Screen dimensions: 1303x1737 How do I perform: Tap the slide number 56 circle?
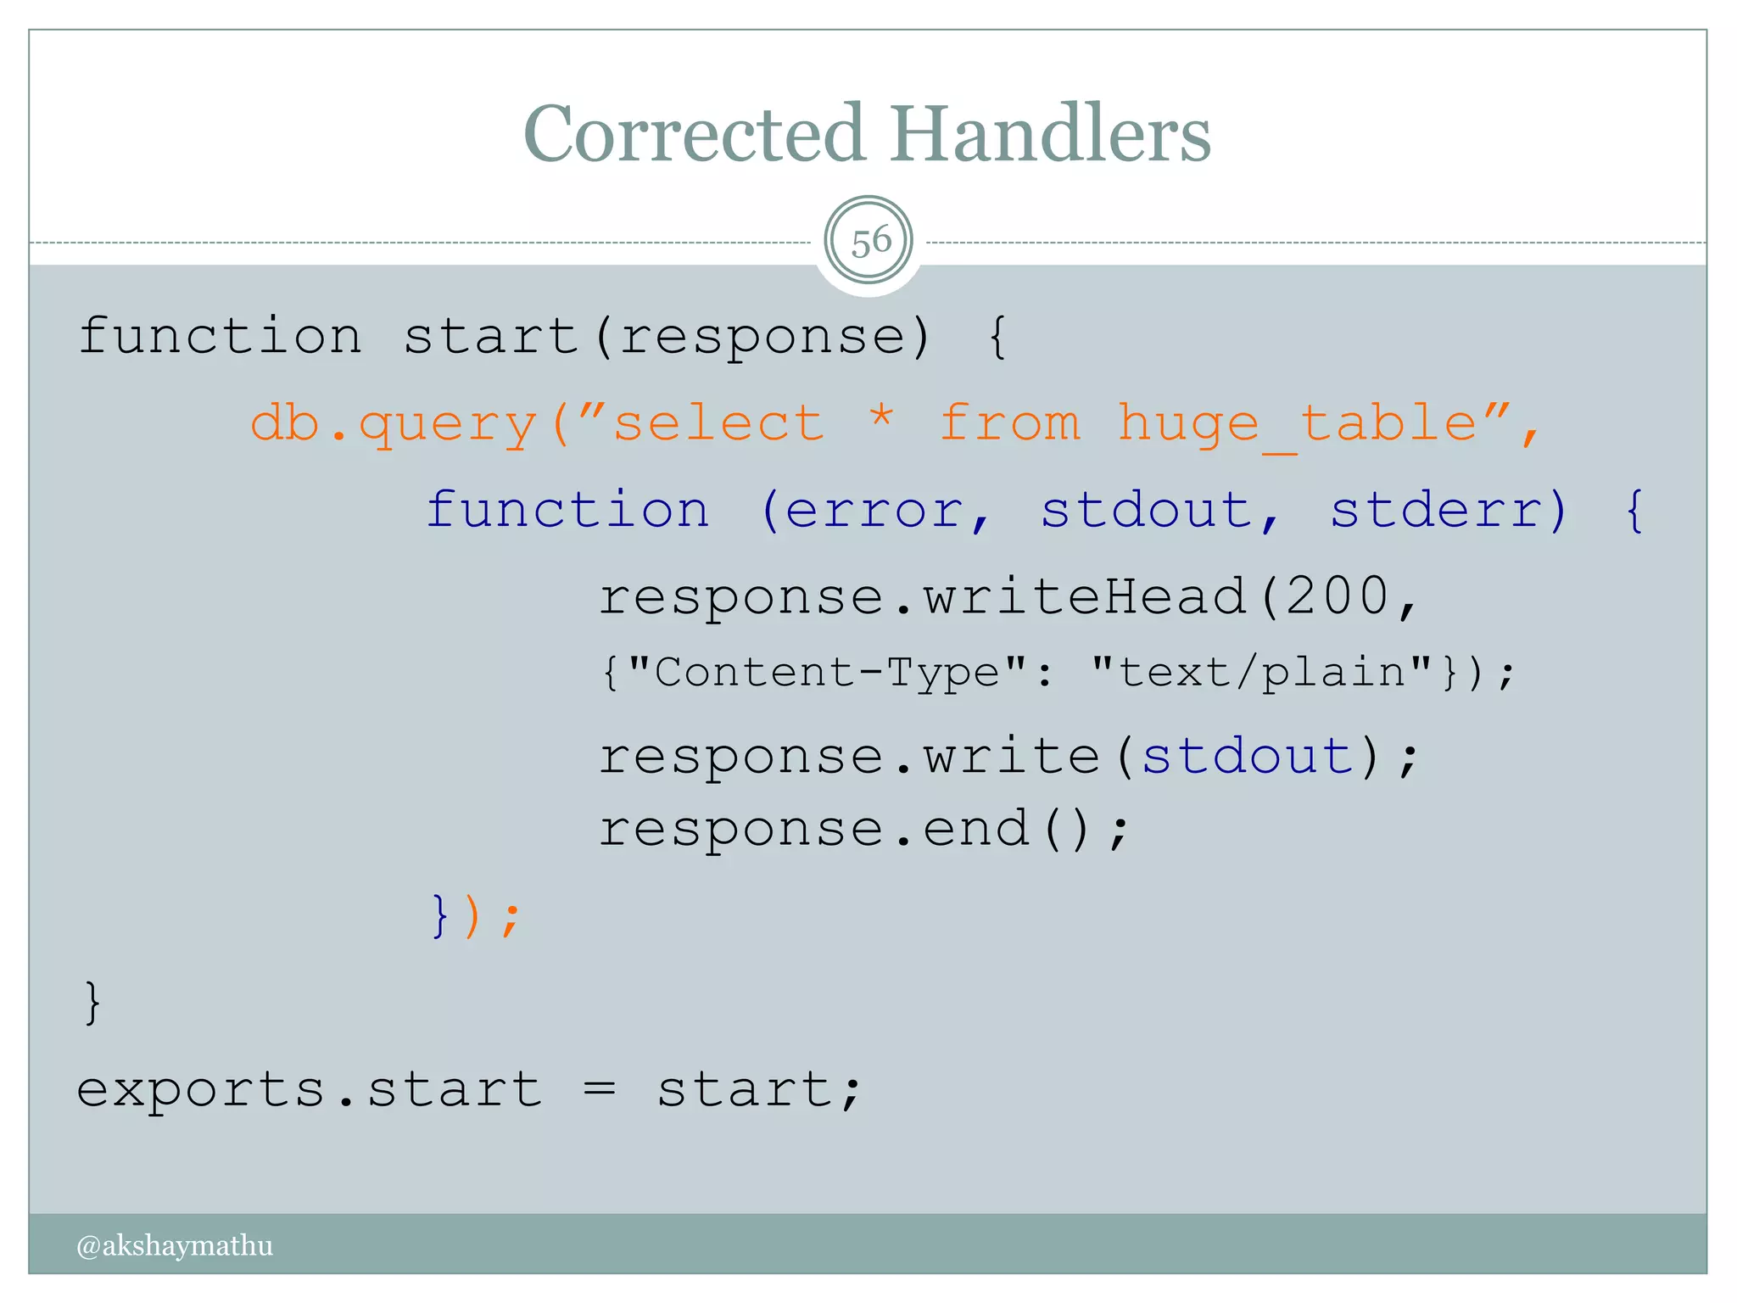pos(868,241)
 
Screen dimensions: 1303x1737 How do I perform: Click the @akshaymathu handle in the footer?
pos(175,1244)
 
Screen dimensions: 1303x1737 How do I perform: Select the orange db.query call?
pos(394,423)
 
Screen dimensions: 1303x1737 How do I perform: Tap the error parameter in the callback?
pos(874,511)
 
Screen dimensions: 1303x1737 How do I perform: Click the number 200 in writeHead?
pos(1338,596)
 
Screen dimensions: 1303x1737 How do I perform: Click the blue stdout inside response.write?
pos(1248,756)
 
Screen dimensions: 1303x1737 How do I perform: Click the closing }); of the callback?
pos(475,916)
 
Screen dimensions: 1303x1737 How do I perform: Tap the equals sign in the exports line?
pos(599,1088)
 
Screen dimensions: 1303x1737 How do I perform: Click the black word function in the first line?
pos(221,336)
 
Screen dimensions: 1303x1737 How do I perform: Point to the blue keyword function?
pos(567,511)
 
